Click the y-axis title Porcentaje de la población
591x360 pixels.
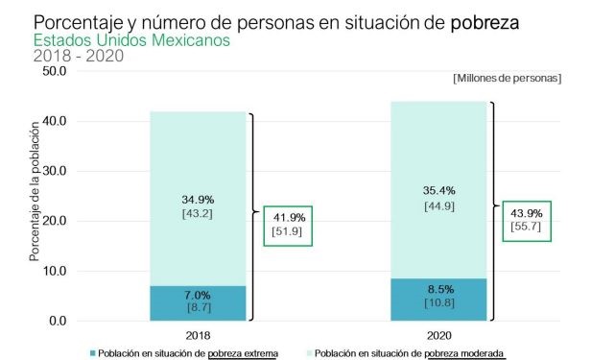[x=34, y=191]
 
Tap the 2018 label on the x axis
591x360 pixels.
[x=198, y=336]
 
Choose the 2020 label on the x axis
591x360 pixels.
[x=438, y=336]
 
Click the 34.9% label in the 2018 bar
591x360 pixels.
[x=198, y=199]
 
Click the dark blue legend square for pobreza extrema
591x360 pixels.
[x=92, y=353]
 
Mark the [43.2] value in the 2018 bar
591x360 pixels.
[x=198, y=213]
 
